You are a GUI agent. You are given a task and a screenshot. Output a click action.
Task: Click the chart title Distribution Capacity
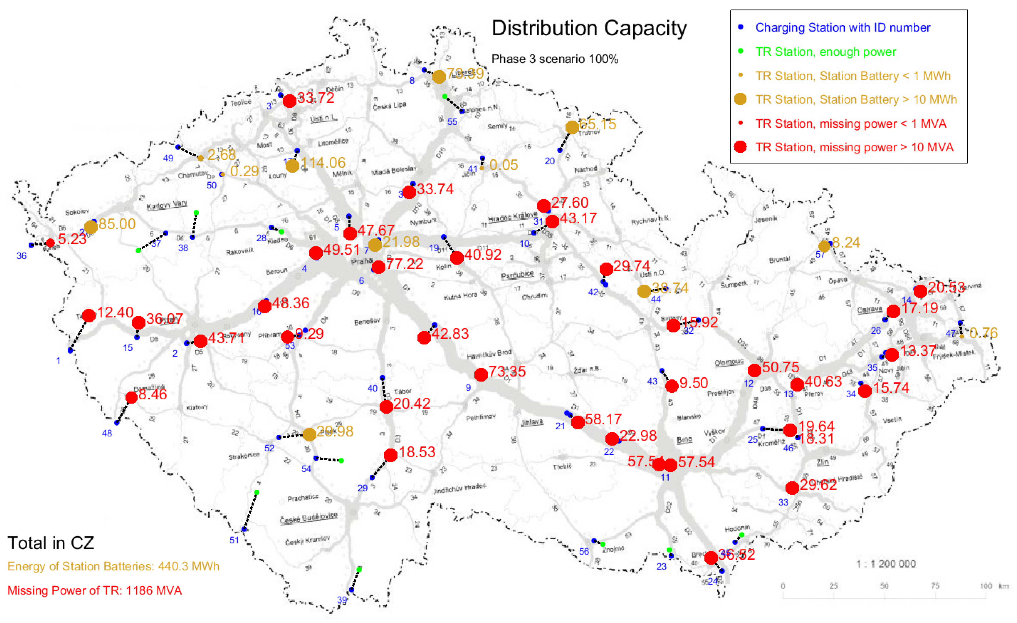point(589,28)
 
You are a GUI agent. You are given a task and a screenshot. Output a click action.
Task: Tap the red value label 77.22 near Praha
point(404,264)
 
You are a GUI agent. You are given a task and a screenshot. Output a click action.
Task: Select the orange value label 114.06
point(323,163)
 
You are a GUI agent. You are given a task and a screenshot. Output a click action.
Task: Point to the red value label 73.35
point(507,371)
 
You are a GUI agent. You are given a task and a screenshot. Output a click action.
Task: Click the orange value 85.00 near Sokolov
point(117,224)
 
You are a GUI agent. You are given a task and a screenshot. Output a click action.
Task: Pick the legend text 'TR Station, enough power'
point(825,52)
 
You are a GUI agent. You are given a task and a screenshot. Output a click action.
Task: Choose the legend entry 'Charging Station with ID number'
point(843,28)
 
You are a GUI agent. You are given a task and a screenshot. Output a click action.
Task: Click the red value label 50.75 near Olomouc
point(781,367)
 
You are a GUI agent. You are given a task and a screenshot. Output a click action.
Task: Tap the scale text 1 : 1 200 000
point(886,564)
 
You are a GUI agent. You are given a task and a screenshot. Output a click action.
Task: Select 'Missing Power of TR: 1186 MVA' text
point(95,590)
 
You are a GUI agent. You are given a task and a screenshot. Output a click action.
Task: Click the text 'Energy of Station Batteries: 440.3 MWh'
point(113,566)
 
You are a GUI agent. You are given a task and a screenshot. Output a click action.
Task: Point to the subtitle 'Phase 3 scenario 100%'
point(555,59)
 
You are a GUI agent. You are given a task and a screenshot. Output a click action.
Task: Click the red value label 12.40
point(115,312)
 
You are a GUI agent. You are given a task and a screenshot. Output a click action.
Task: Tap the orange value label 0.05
point(503,165)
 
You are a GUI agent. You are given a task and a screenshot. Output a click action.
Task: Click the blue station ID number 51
point(234,540)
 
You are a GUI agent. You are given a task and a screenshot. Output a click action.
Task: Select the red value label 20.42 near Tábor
point(411,403)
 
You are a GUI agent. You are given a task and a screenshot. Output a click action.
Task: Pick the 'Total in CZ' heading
point(51,543)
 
